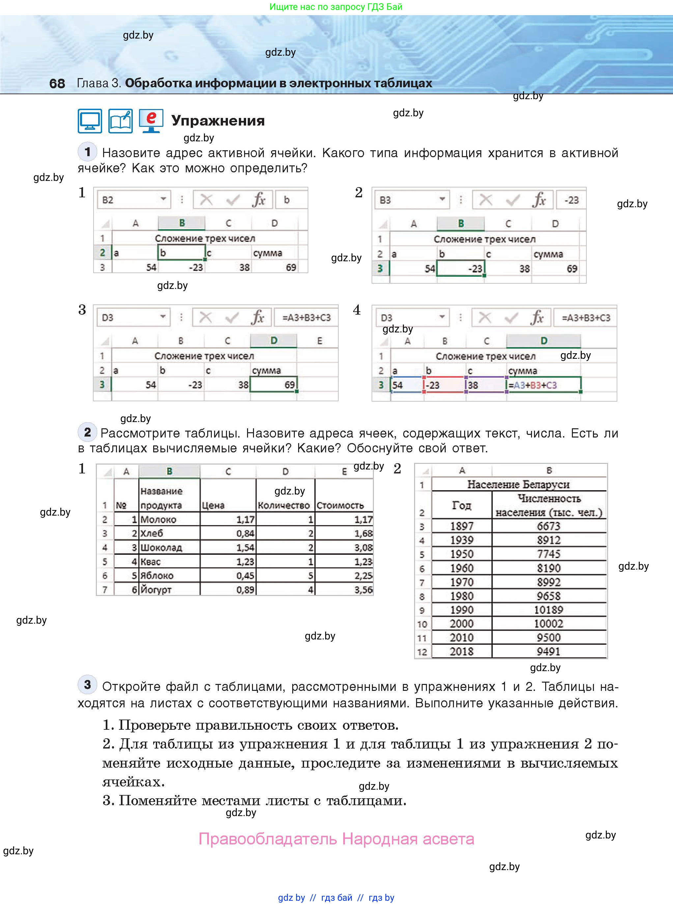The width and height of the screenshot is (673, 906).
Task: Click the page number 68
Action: click(x=57, y=83)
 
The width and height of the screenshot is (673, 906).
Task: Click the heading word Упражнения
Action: click(x=218, y=121)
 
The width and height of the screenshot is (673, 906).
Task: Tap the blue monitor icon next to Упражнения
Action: click(x=90, y=121)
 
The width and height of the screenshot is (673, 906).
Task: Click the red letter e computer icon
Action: click(x=151, y=121)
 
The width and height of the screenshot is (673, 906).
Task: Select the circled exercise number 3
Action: click(x=87, y=685)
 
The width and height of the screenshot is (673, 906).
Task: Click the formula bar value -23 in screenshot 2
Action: click(x=571, y=200)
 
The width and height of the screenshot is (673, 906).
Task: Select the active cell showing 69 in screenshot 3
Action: click(x=273, y=384)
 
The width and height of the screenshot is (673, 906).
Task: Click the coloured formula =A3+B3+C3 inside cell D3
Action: click(x=532, y=385)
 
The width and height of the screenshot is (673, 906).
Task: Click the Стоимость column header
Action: click(x=340, y=505)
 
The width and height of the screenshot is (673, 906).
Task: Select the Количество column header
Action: click(x=284, y=505)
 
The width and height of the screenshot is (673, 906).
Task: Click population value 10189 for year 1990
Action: click(x=548, y=610)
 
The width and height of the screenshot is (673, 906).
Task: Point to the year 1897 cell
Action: click(x=462, y=526)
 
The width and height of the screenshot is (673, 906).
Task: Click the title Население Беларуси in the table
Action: click(x=518, y=484)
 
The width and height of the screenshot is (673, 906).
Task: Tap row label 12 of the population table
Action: click(x=422, y=652)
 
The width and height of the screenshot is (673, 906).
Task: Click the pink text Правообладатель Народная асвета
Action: click(x=336, y=839)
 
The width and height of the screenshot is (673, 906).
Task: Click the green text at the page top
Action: click(x=336, y=7)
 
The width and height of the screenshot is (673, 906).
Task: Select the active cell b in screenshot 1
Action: click(x=181, y=253)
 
